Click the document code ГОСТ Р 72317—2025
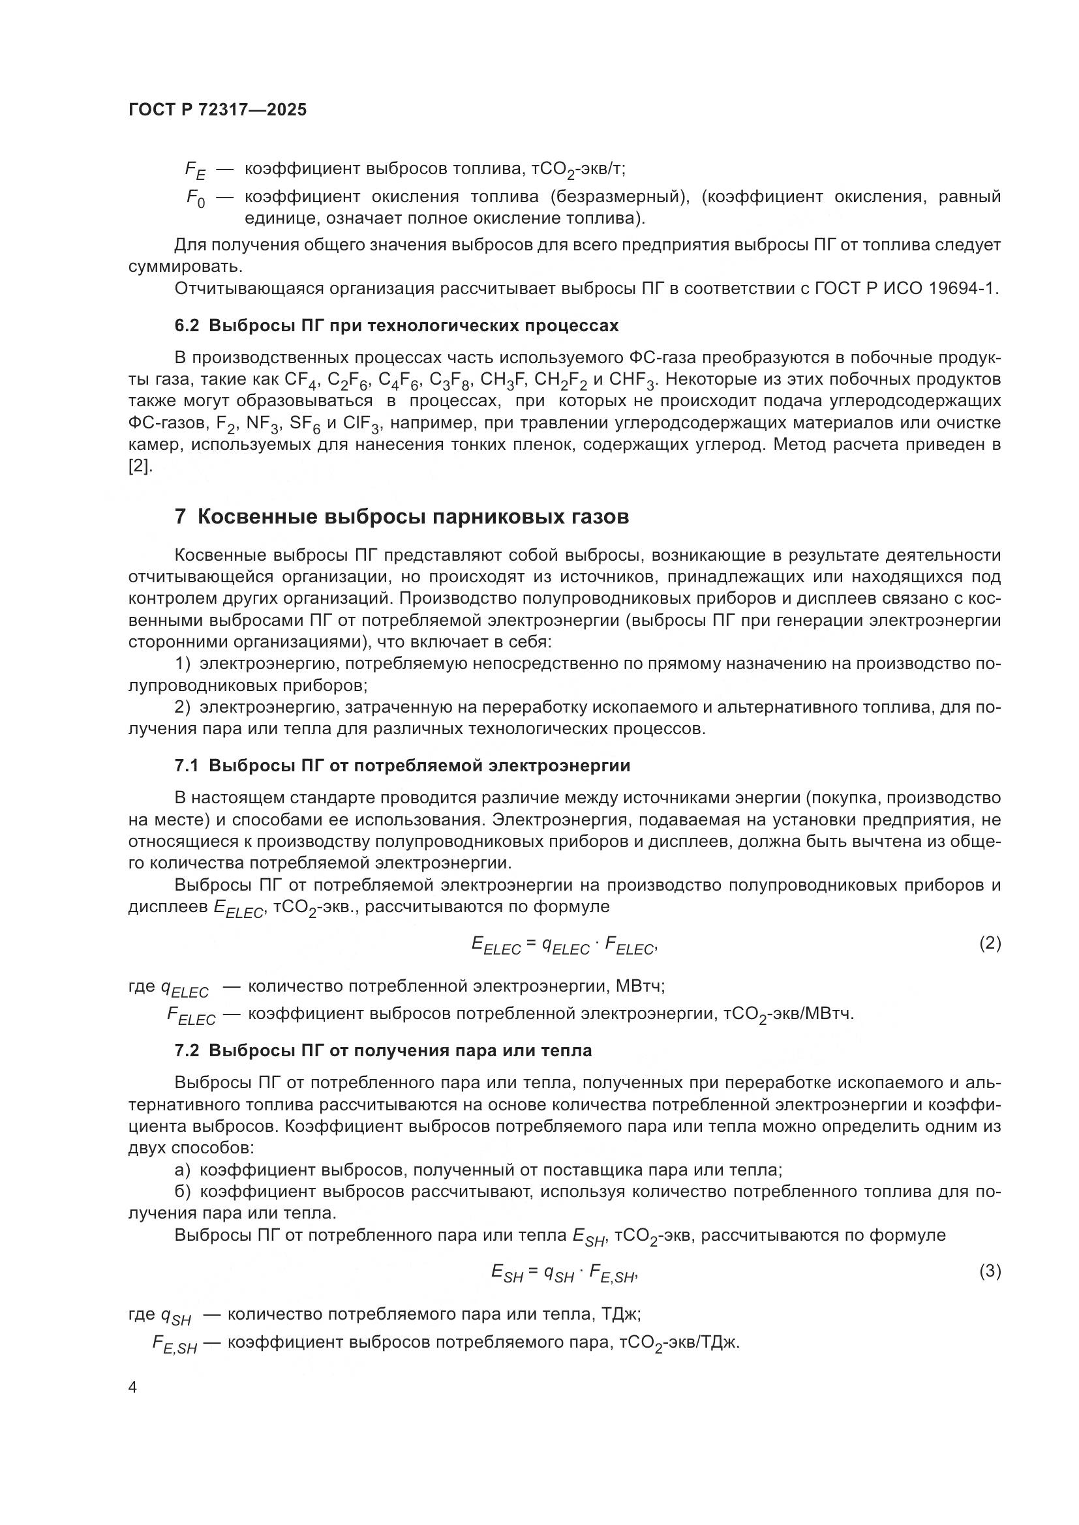click(217, 110)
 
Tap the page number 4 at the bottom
click(132, 1387)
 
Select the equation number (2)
click(990, 943)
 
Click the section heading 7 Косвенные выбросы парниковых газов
click(401, 517)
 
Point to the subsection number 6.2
click(187, 326)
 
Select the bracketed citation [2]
click(140, 466)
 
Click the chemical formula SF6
click(304, 424)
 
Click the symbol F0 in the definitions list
click(195, 198)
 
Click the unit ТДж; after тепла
click(620, 1314)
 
